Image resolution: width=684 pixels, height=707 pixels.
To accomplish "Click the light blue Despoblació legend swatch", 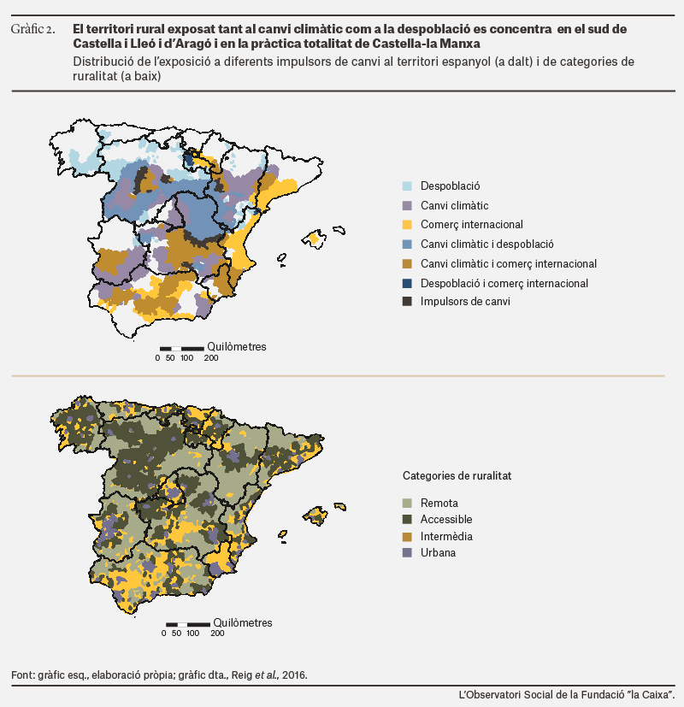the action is tap(407, 186).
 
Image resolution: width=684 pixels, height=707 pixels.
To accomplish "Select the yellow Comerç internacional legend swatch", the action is tap(407, 225).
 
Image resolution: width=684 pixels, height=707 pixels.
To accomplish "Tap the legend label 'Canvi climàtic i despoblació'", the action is tap(487, 244).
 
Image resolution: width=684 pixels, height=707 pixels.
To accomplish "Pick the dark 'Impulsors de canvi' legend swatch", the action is tap(407, 301).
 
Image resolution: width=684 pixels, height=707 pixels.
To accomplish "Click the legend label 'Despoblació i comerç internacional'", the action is tap(504, 283).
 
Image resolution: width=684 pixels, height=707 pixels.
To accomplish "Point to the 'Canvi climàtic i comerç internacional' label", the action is tap(509, 264).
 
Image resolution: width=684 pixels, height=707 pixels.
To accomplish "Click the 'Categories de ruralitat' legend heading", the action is tap(457, 475).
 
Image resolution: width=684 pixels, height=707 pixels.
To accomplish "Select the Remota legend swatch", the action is tap(407, 503).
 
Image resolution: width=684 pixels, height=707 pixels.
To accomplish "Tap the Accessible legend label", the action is tap(446, 520).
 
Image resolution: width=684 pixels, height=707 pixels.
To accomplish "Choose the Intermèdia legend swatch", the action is tap(407, 537).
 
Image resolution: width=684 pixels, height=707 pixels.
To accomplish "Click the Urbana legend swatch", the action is tap(407, 553).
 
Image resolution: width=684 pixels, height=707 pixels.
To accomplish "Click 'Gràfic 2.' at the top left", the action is tap(32, 29).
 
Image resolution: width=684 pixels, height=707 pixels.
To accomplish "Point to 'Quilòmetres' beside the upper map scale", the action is tap(237, 347).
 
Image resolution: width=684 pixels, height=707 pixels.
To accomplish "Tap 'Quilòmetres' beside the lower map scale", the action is tap(243, 622).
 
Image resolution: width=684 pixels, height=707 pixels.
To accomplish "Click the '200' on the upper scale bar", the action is tap(211, 358).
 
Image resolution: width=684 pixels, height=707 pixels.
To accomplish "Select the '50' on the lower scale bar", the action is tap(176, 633).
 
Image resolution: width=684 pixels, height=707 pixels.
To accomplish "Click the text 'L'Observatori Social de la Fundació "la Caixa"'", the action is tap(566, 695).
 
